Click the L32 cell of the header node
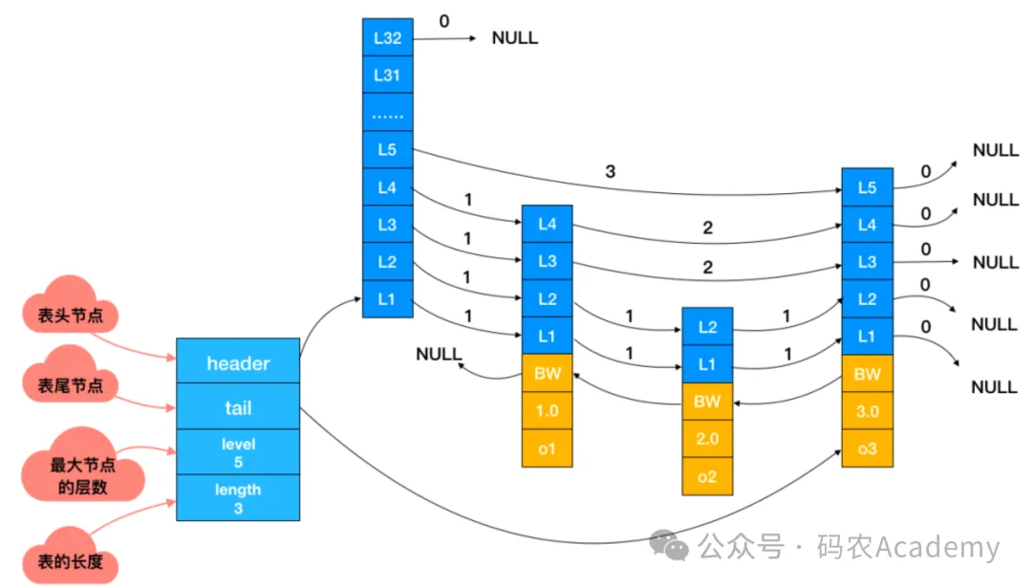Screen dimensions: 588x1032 [388, 38]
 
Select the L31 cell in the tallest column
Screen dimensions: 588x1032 [388, 75]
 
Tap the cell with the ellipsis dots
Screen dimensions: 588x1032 [388, 113]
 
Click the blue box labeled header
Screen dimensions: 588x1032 [238, 363]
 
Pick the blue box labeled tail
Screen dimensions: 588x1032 [238, 408]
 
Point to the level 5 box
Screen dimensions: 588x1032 [238, 453]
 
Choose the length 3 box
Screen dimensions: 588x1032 [238, 498]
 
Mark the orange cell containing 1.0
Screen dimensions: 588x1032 [547, 411]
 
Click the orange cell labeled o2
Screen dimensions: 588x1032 [707, 476]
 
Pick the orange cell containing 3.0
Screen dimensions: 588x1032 [867, 411]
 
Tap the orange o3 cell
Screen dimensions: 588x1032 [867, 448]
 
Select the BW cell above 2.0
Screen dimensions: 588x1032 [707, 402]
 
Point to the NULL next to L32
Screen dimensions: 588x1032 [515, 38]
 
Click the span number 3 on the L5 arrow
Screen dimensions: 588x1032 [611, 172]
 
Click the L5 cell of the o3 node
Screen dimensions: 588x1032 [867, 187]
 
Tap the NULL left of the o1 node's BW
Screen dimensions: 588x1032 [439, 355]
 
